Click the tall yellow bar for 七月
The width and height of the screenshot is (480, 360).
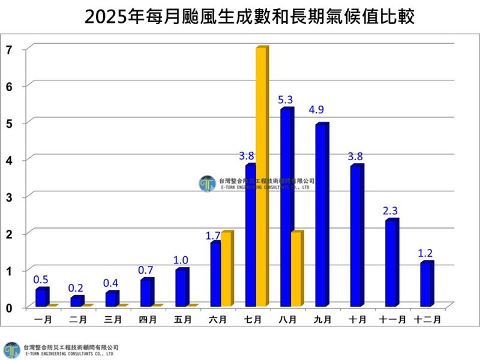261,177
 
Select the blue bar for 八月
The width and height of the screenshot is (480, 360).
286,207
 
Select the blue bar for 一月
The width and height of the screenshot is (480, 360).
40,297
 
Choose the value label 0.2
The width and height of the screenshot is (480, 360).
76,288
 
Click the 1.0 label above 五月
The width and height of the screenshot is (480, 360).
181,260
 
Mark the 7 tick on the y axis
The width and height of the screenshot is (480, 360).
9,49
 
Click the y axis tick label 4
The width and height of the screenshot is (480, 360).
9,160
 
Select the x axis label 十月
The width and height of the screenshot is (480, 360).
358,320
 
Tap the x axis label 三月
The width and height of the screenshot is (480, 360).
112,320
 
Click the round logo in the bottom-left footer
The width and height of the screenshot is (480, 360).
11,350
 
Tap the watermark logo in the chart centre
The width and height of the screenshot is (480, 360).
207,184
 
